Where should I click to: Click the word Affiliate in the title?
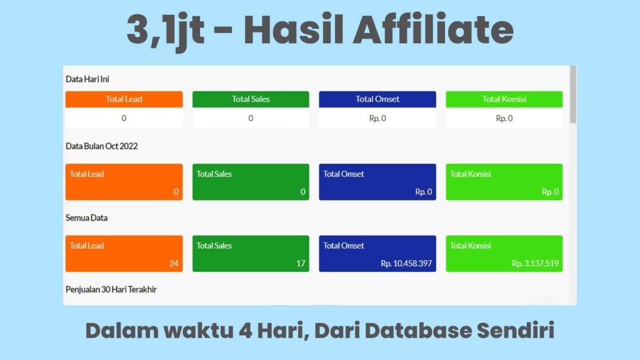[x=433, y=30]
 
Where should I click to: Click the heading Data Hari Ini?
[x=87, y=79]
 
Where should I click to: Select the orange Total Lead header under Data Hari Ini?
[x=124, y=99]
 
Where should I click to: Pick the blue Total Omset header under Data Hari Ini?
[x=377, y=99]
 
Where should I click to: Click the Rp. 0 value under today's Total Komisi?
[x=504, y=118]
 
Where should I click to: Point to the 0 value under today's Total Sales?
[x=251, y=118]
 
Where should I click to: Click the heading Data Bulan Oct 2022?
[x=102, y=146]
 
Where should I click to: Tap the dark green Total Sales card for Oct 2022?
[x=251, y=182]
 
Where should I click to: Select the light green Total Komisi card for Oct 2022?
[x=504, y=182]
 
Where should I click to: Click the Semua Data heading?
[x=86, y=218]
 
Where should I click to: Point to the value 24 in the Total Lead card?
[x=174, y=264]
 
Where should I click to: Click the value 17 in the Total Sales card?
[x=301, y=264]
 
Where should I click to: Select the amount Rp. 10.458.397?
[x=406, y=264]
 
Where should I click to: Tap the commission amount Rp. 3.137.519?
[x=535, y=264]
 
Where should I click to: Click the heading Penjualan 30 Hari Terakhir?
[x=111, y=289]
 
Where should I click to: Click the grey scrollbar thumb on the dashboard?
[x=573, y=94]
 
